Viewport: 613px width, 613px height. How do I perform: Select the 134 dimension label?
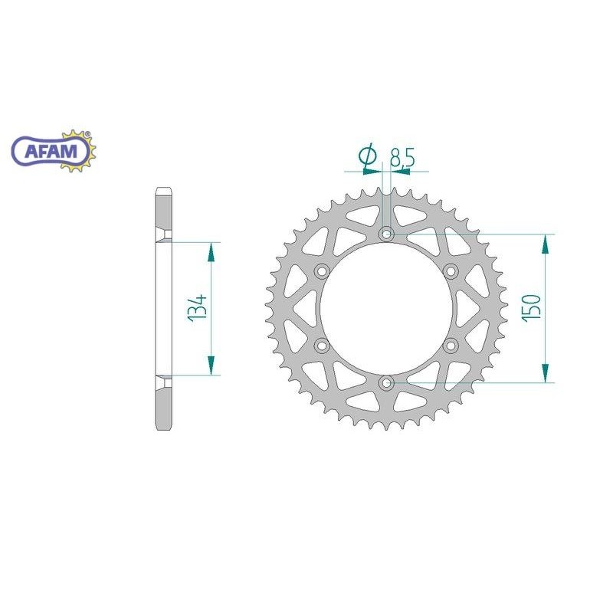coord(198,309)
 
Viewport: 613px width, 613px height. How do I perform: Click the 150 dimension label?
coord(533,306)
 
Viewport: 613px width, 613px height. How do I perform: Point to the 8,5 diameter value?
coord(402,159)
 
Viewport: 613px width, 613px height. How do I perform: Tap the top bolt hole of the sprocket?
coord(387,233)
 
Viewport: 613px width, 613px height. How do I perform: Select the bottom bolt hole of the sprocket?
coord(387,382)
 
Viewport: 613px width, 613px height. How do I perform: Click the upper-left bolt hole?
coord(322,270)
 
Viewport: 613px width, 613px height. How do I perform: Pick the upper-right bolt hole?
coord(451,270)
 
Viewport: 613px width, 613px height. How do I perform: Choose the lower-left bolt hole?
coord(322,346)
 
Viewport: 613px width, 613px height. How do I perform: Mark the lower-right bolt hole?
coord(451,346)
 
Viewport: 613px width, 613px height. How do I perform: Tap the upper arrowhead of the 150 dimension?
coord(545,244)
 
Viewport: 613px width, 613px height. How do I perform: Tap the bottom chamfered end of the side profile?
coord(164,426)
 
